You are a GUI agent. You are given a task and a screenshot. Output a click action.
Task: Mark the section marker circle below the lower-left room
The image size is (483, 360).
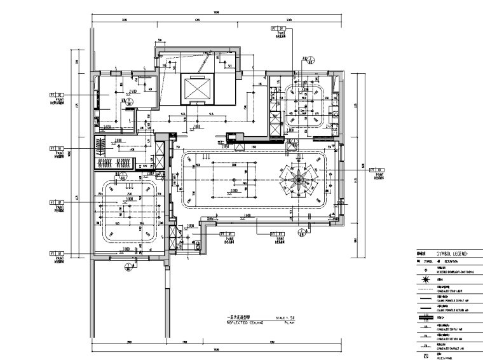[126, 265]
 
